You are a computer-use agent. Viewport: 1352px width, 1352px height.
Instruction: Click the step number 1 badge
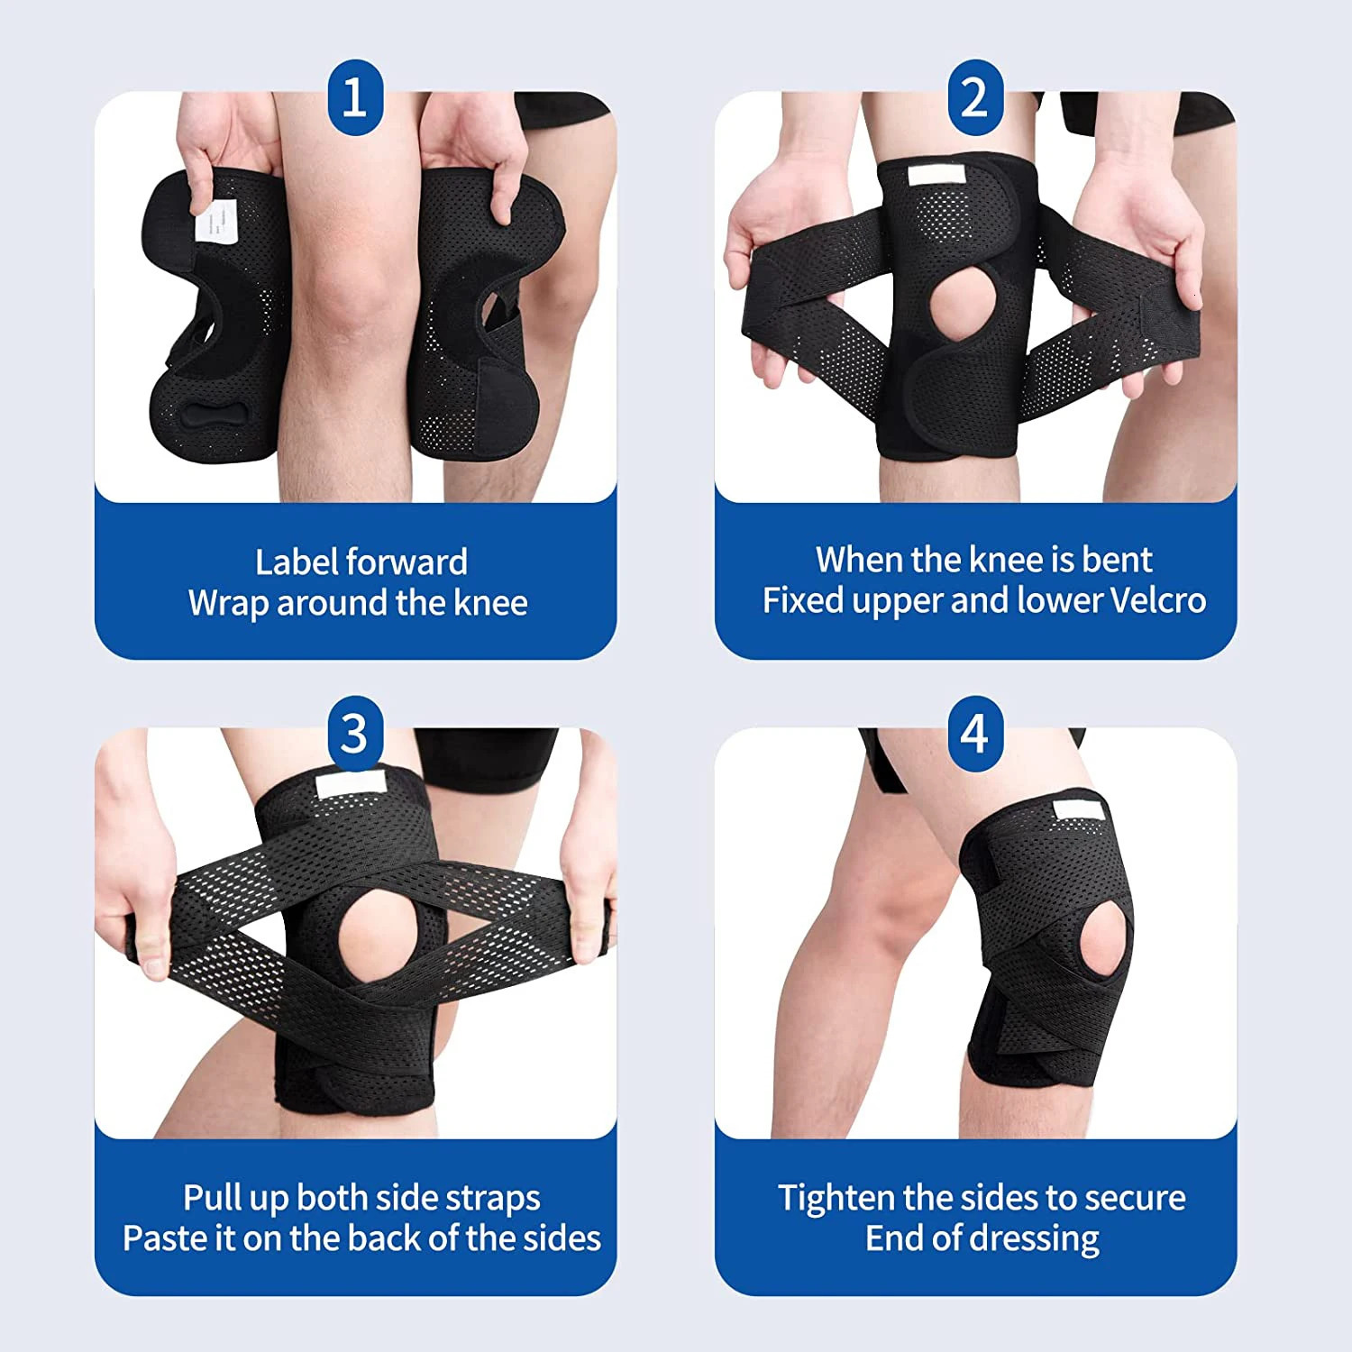click(355, 96)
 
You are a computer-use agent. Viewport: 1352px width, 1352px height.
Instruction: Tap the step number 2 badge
click(975, 96)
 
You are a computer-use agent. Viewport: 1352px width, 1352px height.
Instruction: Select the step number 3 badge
click(355, 733)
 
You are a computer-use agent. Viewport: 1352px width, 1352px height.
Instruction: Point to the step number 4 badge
click(975, 733)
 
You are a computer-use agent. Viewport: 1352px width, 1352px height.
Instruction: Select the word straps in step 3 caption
click(493, 1199)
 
